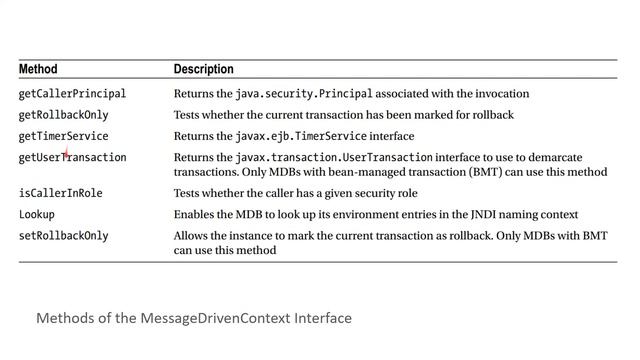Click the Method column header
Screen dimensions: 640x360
pos(38,70)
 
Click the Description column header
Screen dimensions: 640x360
pos(203,70)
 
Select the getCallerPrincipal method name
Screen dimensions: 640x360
pos(72,94)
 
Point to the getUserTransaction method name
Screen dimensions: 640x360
pos(72,158)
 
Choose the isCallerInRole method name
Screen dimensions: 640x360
pos(61,193)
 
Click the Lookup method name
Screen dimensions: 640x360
pos(37,214)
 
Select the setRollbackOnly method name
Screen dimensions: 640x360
pos(64,236)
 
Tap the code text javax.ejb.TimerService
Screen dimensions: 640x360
pos(302,136)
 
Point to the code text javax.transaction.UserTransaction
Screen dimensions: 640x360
pos(334,158)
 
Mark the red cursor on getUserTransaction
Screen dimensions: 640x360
pos(66,155)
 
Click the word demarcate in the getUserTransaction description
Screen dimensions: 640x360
pos(581,158)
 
